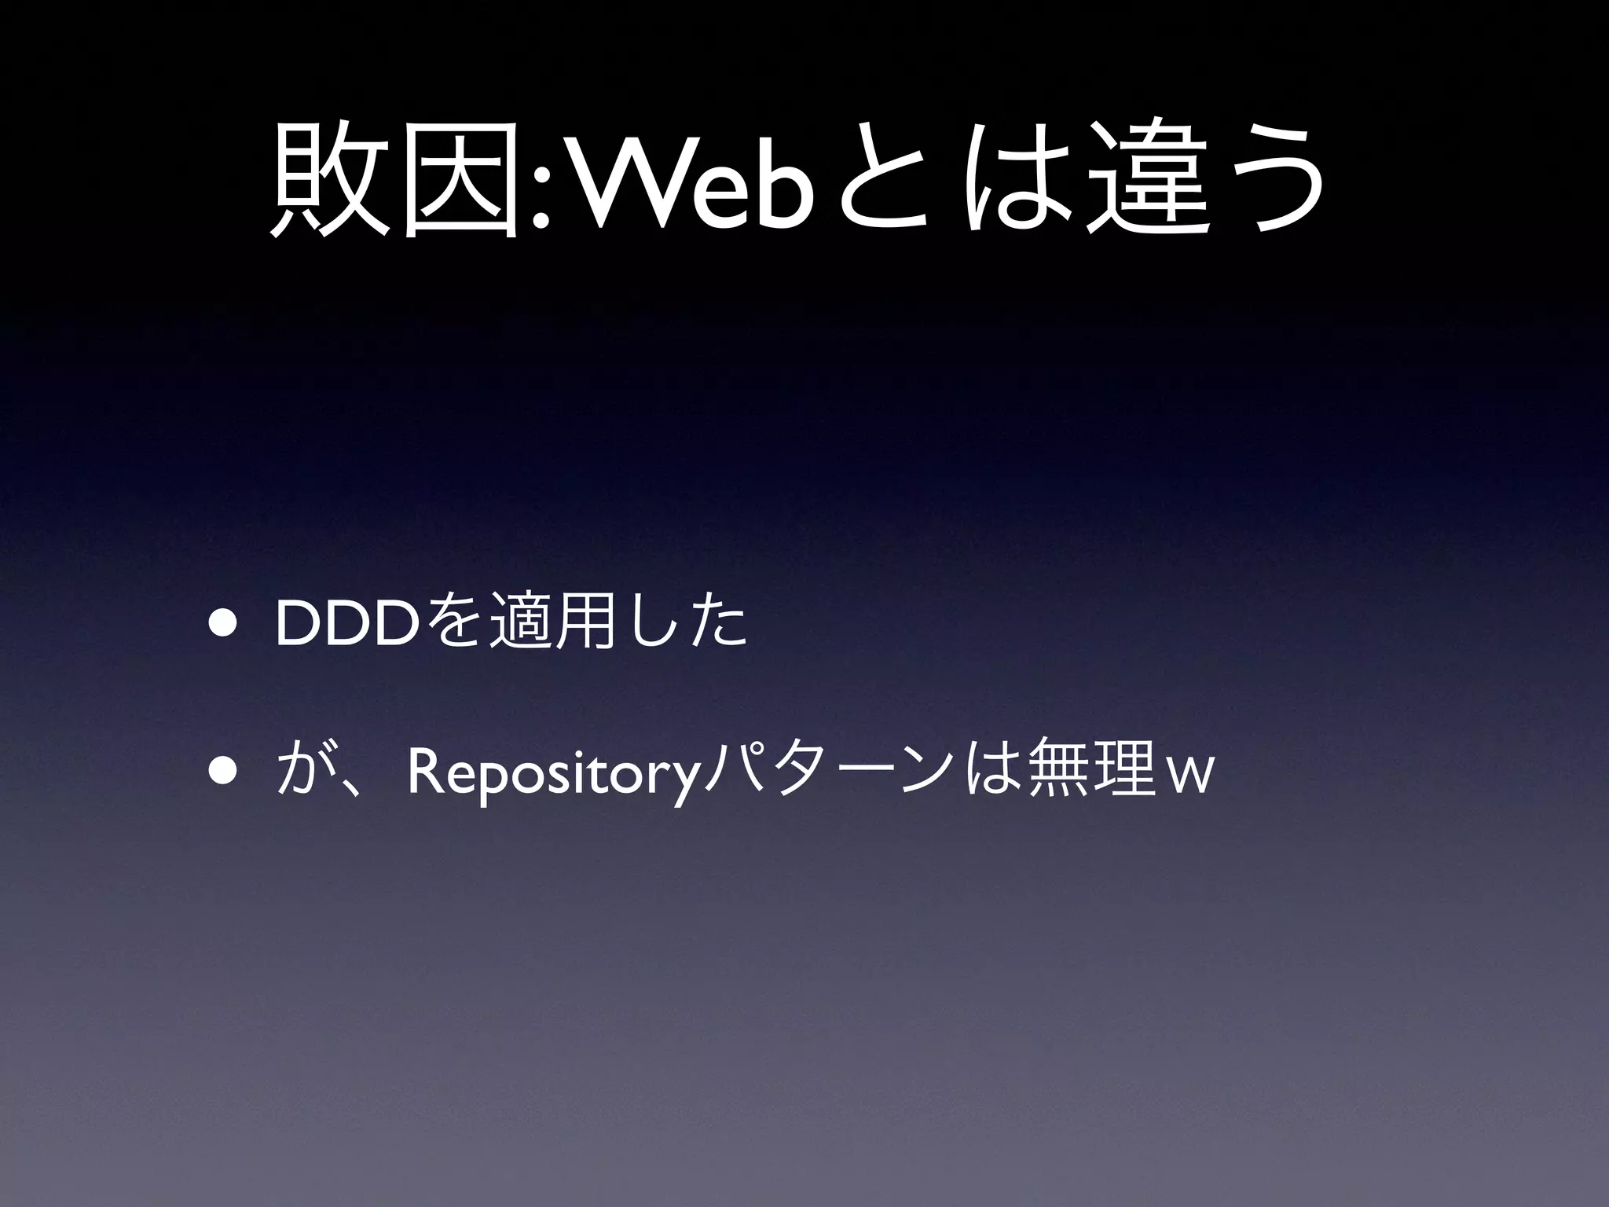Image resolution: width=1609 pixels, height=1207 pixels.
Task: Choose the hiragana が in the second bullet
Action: point(302,774)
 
